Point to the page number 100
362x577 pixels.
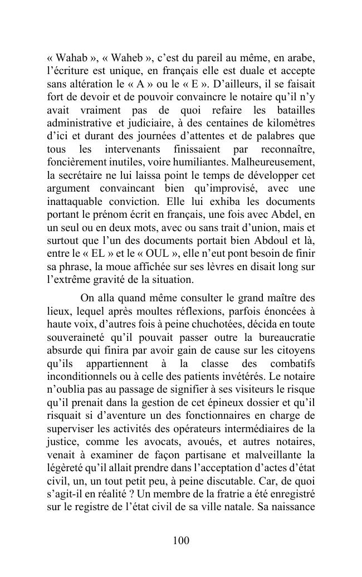click(181, 540)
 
